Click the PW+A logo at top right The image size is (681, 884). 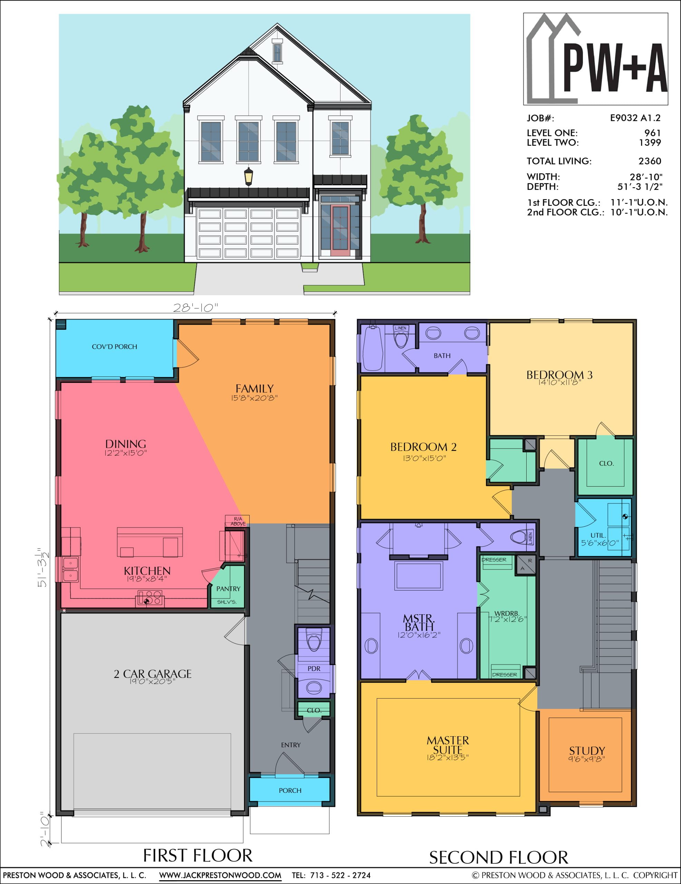[x=596, y=59]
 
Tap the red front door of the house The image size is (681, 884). [x=340, y=231]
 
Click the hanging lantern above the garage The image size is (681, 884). [x=249, y=176]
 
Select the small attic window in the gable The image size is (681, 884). [x=277, y=52]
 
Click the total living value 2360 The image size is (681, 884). [x=650, y=161]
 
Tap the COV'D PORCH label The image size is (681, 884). [x=115, y=346]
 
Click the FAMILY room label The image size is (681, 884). [x=255, y=388]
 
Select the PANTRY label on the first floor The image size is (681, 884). [x=228, y=588]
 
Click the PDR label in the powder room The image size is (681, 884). [x=314, y=668]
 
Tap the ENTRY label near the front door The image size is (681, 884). [x=291, y=745]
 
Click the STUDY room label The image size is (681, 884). [x=587, y=750]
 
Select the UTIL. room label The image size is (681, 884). [x=598, y=535]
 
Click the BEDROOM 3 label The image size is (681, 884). [x=559, y=375]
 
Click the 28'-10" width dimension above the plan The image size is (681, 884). [x=195, y=308]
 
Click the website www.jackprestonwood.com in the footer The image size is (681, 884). [x=220, y=875]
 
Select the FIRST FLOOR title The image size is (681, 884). [x=198, y=855]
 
